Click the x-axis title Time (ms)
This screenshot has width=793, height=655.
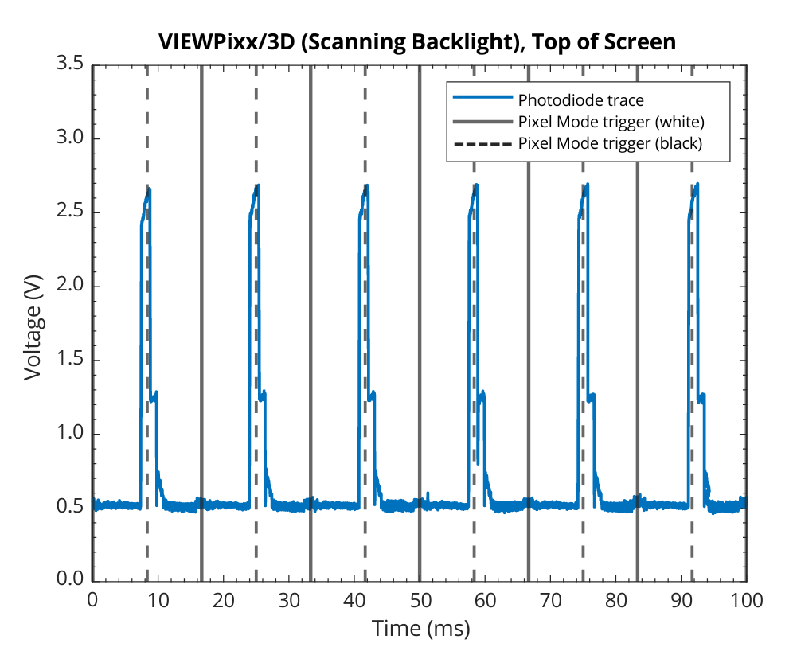pyautogui.click(x=420, y=629)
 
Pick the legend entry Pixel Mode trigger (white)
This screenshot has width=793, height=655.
pyautogui.click(x=611, y=122)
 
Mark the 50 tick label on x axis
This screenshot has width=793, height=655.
pyautogui.click(x=420, y=600)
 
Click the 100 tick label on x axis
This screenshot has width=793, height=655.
pyautogui.click(x=746, y=600)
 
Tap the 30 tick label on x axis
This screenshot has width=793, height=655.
pyautogui.click(x=289, y=600)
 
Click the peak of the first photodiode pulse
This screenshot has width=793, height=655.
pyautogui.click(x=148, y=189)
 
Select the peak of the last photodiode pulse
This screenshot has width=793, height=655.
pyautogui.click(x=697, y=185)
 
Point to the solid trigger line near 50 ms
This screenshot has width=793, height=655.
pyautogui.click(x=420, y=318)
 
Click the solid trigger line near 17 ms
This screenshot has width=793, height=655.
pyautogui.click(x=201, y=318)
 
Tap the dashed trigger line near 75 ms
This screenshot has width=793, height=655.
pyautogui.click(x=583, y=318)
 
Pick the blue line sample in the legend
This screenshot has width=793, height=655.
pyautogui.click(x=482, y=100)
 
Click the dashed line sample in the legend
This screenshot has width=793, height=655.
pyautogui.click(x=482, y=143)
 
